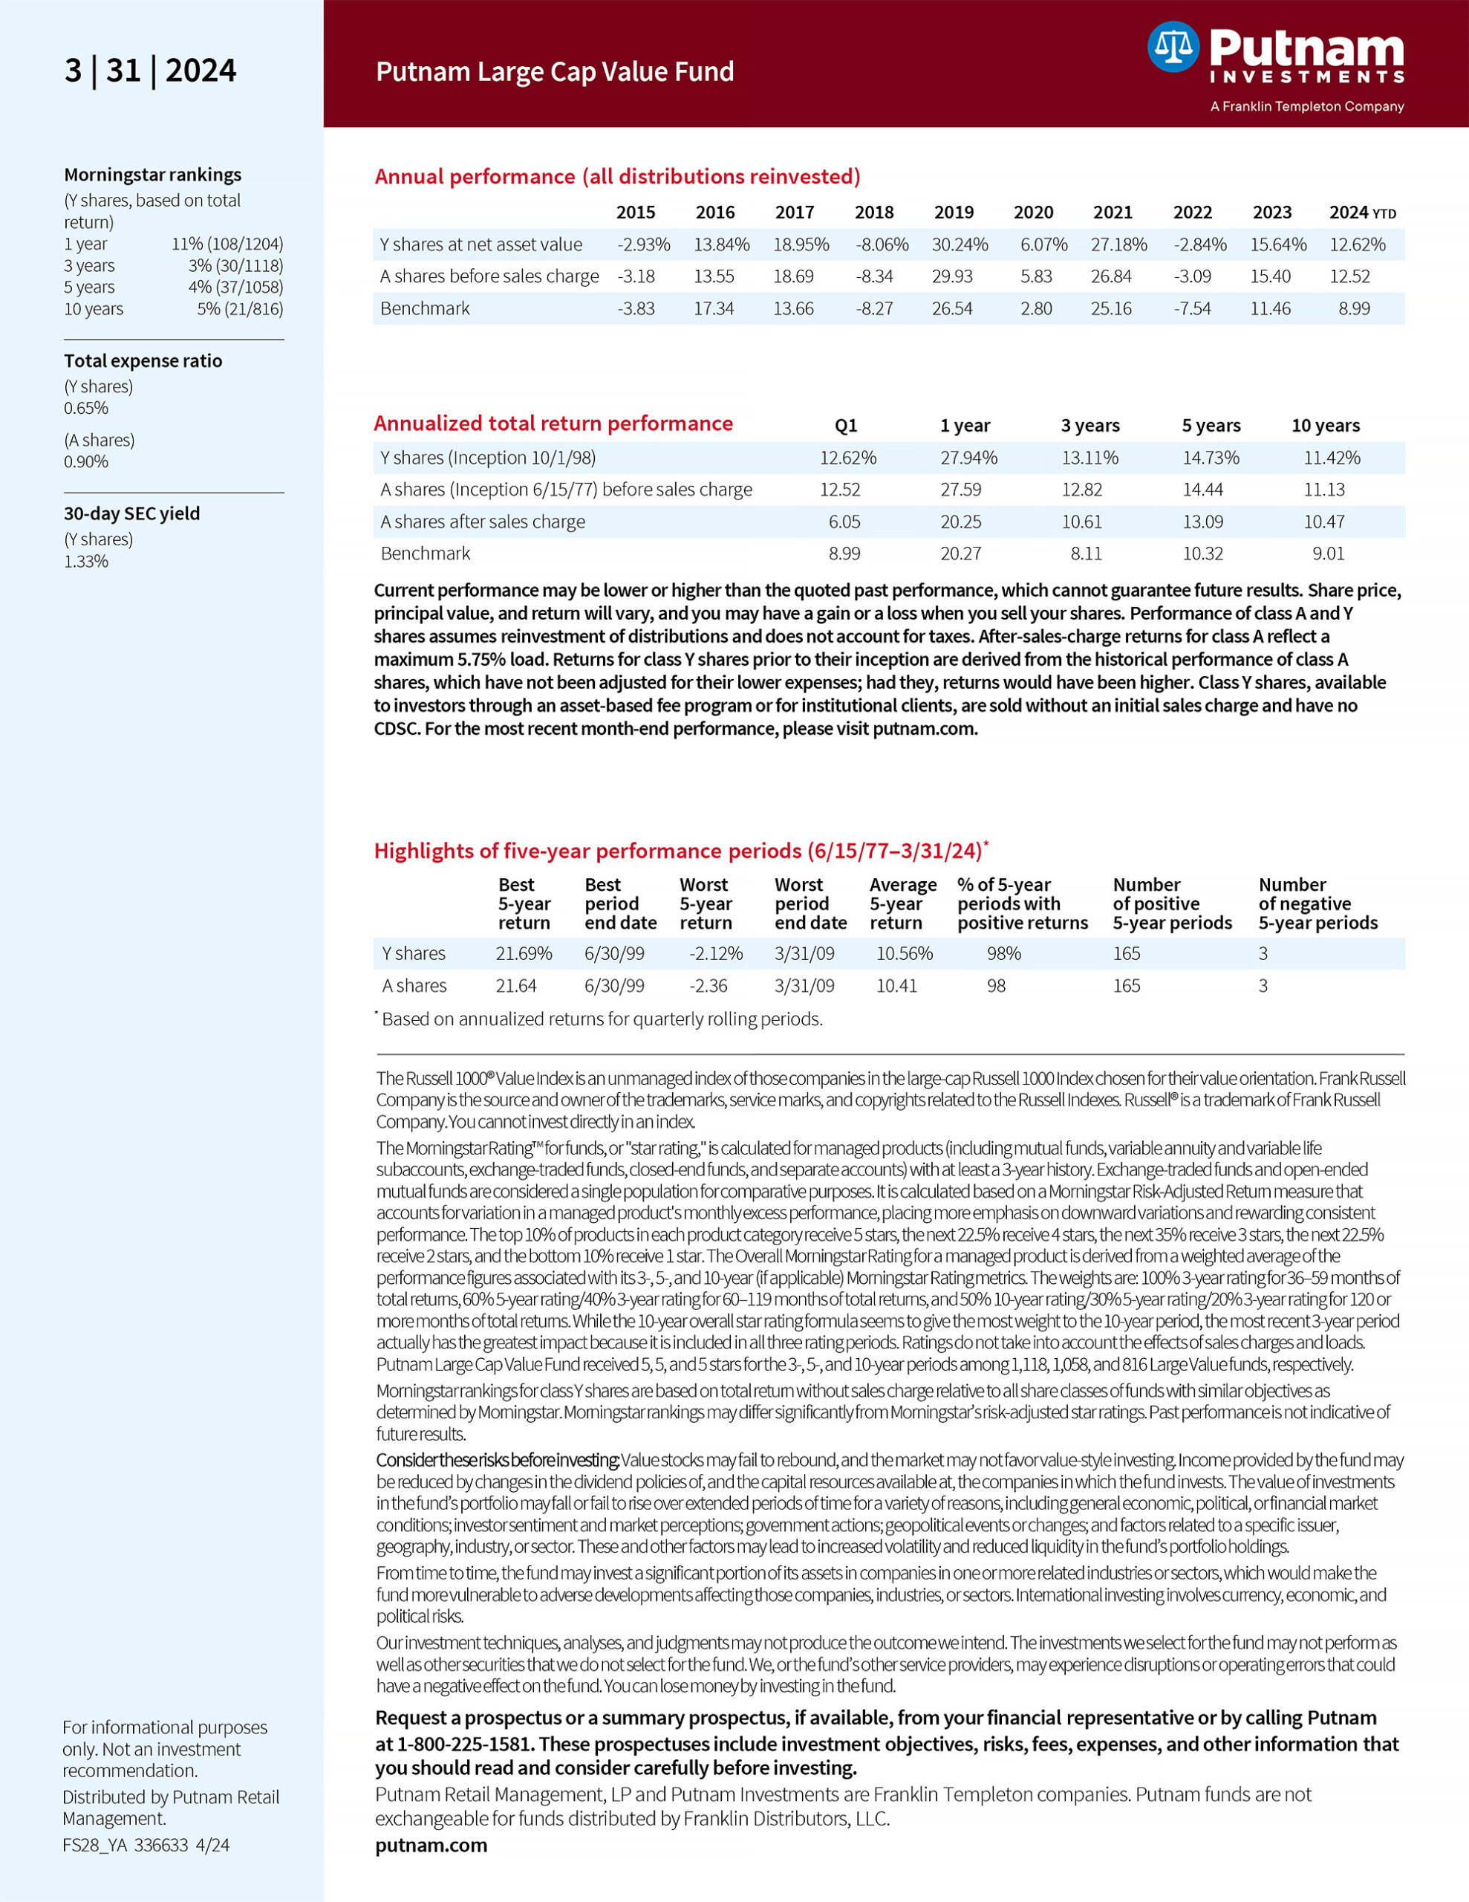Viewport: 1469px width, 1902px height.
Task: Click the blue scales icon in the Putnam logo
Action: coord(1173,47)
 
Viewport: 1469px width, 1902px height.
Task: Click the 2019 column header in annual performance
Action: coord(954,212)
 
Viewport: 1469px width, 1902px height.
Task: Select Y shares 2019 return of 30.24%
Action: coord(960,244)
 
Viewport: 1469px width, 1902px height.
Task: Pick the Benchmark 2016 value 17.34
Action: coord(713,308)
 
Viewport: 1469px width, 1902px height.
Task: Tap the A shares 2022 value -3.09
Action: coord(1192,277)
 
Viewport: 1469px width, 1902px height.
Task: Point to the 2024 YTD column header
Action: coord(1362,212)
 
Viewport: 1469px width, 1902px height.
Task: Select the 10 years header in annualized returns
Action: coord(1324,426)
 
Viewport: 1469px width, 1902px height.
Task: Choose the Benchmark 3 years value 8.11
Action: coord(1085,554)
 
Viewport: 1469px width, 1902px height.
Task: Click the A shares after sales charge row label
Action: coord(483,522)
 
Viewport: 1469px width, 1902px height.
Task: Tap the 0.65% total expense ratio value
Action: coord(86,409)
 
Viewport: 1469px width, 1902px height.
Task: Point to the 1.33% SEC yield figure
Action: coord(86,562)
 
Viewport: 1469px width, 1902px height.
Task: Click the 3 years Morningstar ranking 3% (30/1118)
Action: coord(235,266)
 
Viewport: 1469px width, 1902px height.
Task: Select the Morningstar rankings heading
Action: coord(152,175)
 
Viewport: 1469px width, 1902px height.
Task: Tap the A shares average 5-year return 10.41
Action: coord(896,986)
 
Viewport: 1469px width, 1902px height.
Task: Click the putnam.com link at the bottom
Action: coord(431,1846)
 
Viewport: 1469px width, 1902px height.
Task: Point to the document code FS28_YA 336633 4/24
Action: coord(146,1846)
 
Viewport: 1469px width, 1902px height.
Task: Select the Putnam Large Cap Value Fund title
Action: coord(555,71)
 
